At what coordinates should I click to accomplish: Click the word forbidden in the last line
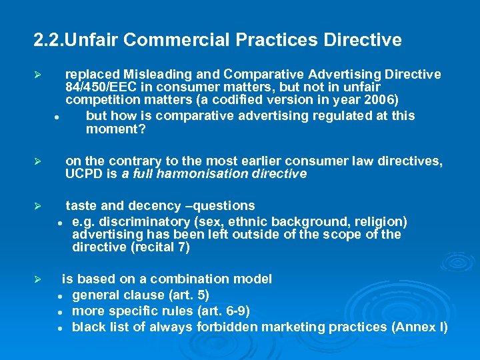pos(226,327)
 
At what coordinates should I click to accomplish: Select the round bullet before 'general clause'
pos(59,296)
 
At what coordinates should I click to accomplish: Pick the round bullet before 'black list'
pos(59,328)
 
